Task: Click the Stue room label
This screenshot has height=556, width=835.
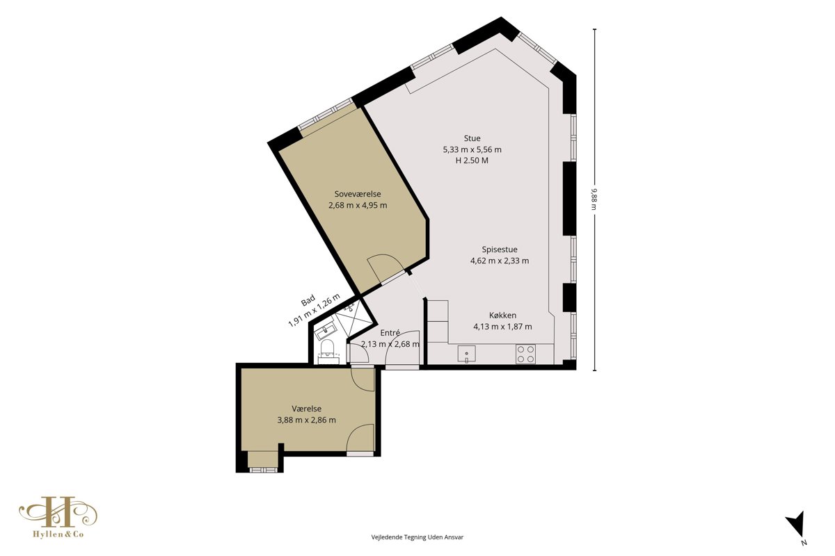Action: (x=472, y=138)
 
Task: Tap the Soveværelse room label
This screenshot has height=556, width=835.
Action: (x=358, y=194)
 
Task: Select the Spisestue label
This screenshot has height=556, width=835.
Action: (x=500, y=250)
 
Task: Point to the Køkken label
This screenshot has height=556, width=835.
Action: (x=502, y=316)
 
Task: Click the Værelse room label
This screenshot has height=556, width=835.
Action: (x=306, y=409)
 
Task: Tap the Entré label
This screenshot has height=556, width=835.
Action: (x=390, y=333)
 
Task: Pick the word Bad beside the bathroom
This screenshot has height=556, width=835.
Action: (x=308, y=300)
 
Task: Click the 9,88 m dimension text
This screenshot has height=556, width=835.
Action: (x=594, y=199)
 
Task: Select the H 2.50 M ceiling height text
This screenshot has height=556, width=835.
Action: (x=472, y=161)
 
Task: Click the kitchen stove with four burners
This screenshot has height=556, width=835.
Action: (x=525, y=354)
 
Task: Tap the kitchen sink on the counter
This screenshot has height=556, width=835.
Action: (x=467, y=354)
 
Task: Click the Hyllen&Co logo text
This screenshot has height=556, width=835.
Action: (x=58, y=534)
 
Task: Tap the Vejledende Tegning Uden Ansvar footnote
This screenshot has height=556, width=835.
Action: (x=417, y=537)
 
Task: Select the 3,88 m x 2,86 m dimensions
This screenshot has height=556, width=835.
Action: (x=306, y=420)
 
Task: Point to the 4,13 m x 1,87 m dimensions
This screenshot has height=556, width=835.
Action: (x=502, y=327)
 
